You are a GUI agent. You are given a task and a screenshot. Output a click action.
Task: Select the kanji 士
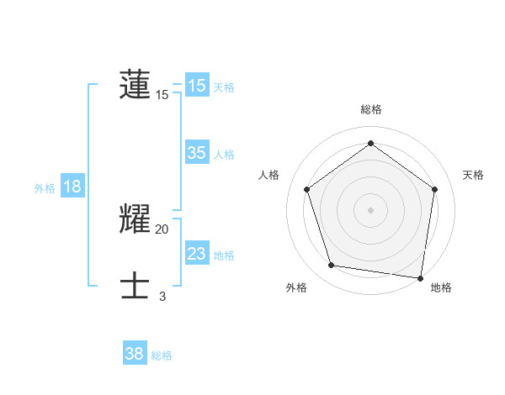pyautogui.click(x=135, y=286)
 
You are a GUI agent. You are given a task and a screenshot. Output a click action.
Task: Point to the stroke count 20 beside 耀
pyautogui.click(x=162, y=229)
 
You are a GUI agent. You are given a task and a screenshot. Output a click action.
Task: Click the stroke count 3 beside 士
pyautogui.click(x=162, y=296)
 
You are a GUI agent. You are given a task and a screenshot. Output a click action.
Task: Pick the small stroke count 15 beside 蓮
pyautogui.click(x=162, y=95)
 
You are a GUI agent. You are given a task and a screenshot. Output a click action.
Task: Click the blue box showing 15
pyautogui.click(x=197, y=86)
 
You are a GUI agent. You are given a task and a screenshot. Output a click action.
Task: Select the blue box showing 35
pyautogui.click(x=197, y=153)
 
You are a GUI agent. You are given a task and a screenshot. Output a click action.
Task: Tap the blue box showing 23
pyautogui.click(x=197, y=254)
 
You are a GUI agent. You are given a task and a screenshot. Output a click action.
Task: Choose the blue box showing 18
pyautogui.click(x=72, y=187)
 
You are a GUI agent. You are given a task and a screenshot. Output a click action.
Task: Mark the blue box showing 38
pyautogui.click(x=135, y=354)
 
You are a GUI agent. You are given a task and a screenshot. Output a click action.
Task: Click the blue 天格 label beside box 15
pyautogui.click(x=224, y=87)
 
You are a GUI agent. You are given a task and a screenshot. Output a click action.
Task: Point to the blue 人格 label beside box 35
pyautogui.click(x=224, y=154)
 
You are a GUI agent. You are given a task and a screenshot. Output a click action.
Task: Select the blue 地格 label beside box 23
pyautogui.click(x=224, y=255)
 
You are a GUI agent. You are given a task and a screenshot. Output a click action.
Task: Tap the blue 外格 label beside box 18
pyautogui.click(x=45, y=188)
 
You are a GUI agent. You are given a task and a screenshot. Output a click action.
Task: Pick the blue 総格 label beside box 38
pyautogui.click(x=162, y=355)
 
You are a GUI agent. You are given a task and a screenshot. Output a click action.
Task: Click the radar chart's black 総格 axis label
pyautogui.click(x=371, y=109)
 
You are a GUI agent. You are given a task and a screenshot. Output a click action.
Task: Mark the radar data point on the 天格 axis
pyautogui.click(x=434, y=189)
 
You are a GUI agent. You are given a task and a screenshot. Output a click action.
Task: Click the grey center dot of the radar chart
pyautogui.click(x=371, y=209)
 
